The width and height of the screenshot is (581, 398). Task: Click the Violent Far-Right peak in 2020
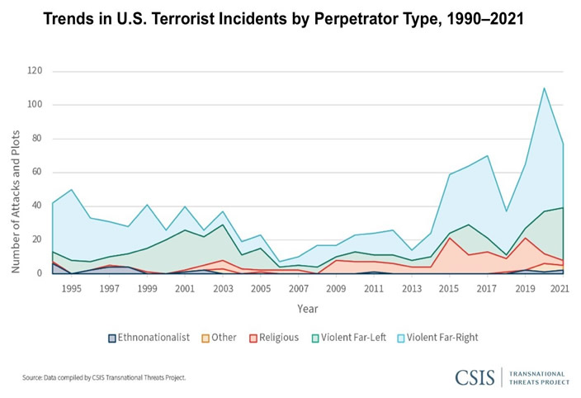click(544, 88)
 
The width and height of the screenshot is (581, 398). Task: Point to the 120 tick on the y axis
click(35, 71)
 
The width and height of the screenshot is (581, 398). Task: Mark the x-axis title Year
click(307, 308)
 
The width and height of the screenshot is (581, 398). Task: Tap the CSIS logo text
click(475, 377)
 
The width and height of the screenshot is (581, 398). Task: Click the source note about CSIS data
click(103, 377)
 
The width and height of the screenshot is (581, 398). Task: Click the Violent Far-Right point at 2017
click(488, 155)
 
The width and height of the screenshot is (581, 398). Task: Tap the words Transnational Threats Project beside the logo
click(536, 377)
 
